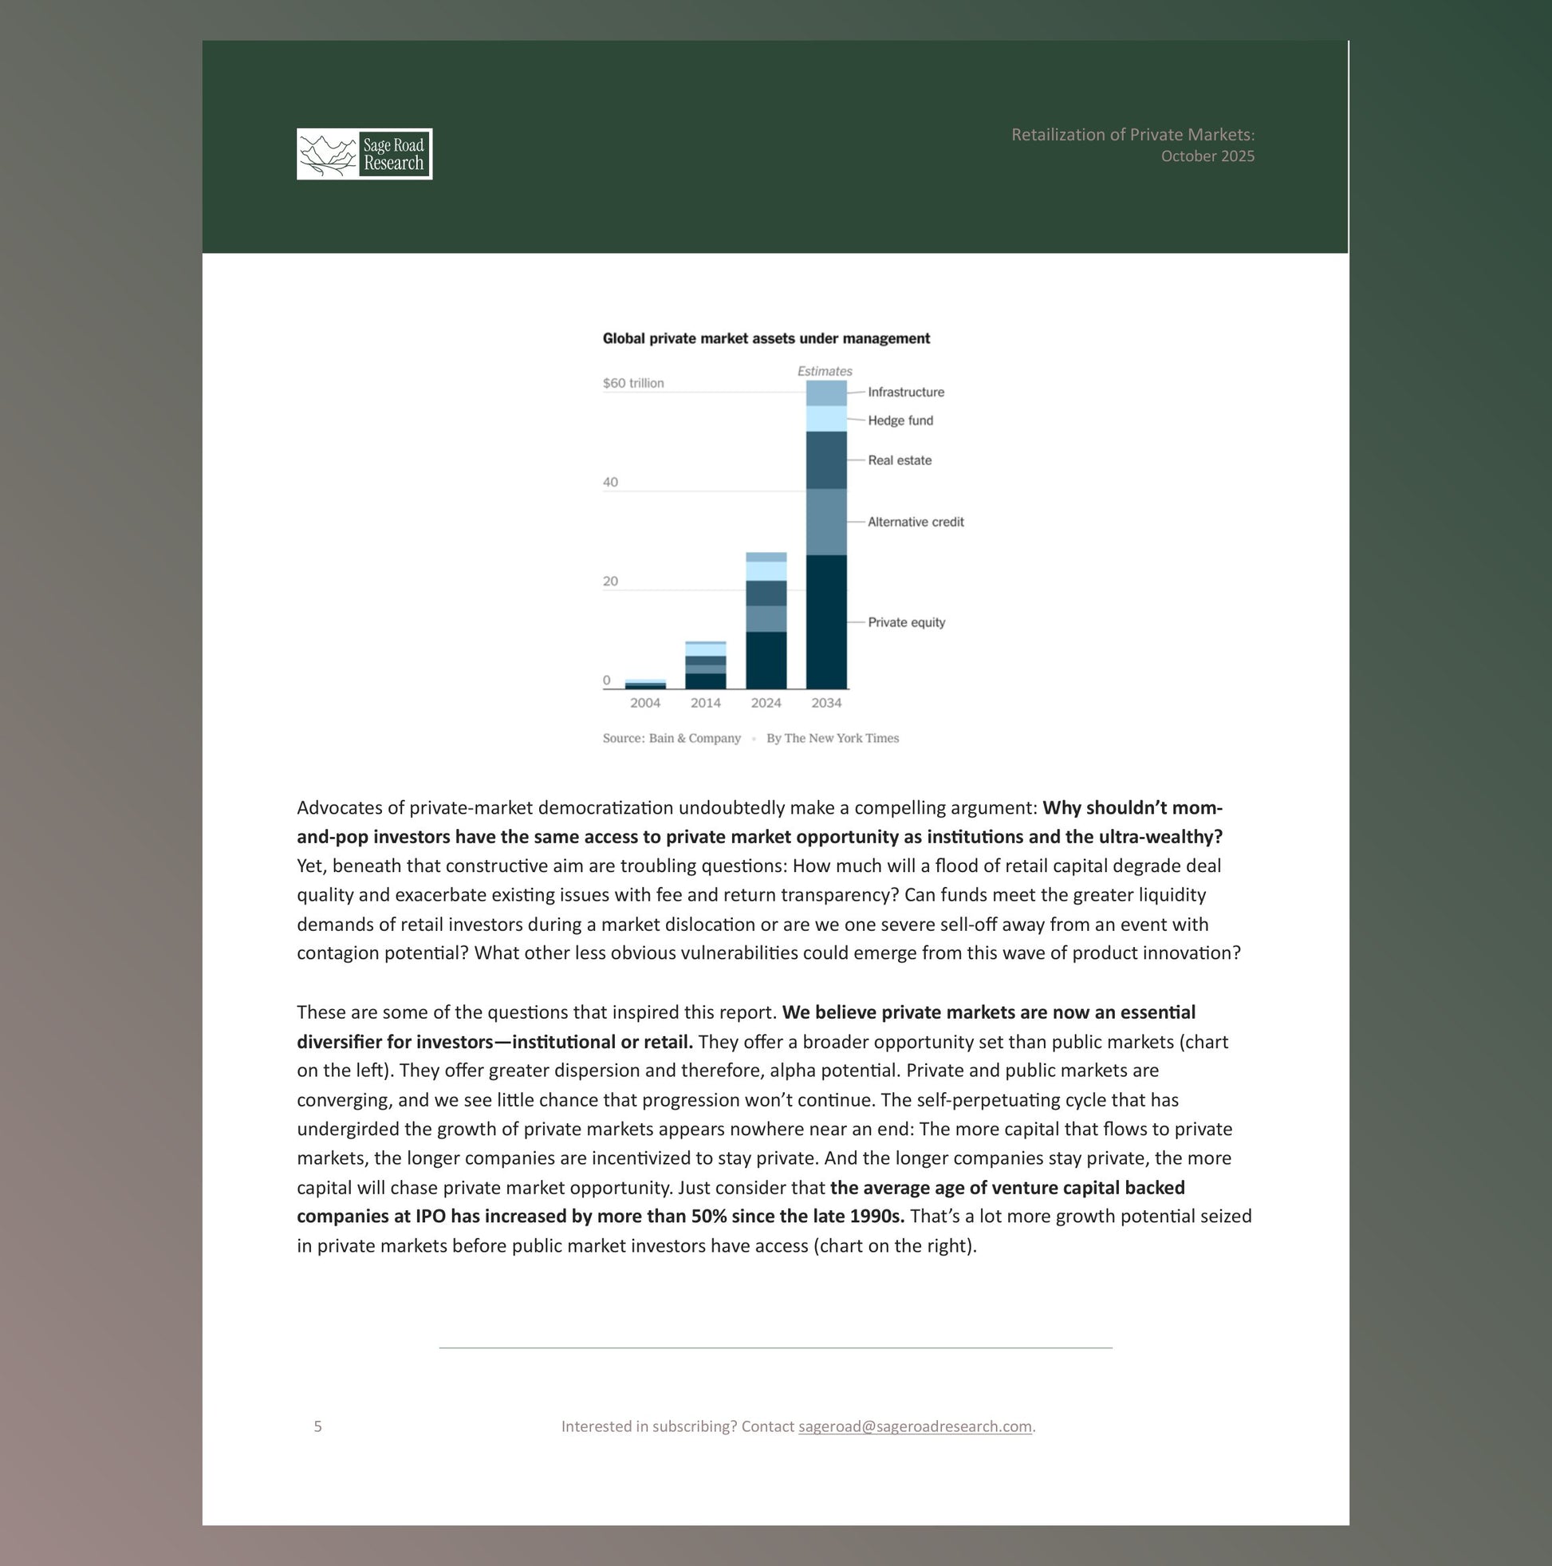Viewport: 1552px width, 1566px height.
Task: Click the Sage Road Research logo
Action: click(364, 154)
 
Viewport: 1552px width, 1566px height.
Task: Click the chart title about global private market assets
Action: click(766, 339)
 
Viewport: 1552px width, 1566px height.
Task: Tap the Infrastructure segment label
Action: click(905, 392)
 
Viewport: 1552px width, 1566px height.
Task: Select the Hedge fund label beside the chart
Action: click(900, 420)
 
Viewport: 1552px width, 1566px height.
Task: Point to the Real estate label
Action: click(899, 460)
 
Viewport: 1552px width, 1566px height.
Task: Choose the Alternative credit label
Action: click(915, 522)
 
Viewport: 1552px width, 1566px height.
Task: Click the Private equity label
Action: click(906, 622)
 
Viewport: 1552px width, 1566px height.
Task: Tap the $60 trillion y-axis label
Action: click(633, 384)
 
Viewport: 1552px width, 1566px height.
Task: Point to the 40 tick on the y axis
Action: click(610, 483)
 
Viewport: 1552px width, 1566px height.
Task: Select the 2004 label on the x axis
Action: click(645, 703)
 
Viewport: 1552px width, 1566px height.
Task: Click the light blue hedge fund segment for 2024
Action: click(766, 571)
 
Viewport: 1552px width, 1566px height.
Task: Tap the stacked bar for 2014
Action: click(705, 665)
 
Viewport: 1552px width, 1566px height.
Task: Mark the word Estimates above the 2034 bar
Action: click(824, 371)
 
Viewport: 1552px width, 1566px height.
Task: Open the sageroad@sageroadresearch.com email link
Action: click(914, 1426)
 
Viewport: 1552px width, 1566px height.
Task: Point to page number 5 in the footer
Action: click(317, 1426)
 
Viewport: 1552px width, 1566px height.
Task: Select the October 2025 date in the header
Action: click(1207, 156)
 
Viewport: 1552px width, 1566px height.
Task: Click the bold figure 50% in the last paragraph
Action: click(708, 1217)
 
